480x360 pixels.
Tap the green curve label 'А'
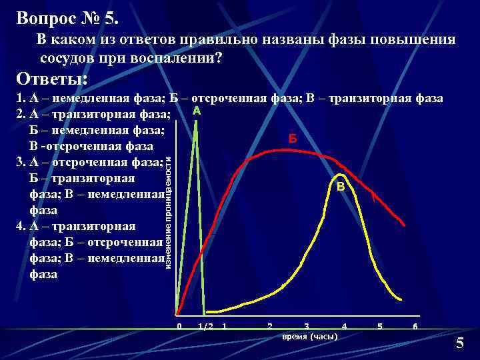[197, 110]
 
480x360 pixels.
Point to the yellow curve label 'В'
[341, 187]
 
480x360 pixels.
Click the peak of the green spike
[195, 121]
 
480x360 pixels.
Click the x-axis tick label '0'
[179, 326]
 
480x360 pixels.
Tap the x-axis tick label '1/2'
[206, 326]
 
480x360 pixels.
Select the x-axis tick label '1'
[225, 326]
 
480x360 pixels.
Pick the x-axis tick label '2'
[269, 326]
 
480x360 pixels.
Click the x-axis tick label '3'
[307, 326]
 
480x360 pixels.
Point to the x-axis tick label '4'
[344, 326]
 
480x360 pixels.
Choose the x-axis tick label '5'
[380, 326]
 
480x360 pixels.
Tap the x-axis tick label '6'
[415, 326]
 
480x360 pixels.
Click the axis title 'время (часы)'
[310, 336]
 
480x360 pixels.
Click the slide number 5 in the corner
[459, 343]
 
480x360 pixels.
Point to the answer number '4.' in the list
[20, 226]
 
